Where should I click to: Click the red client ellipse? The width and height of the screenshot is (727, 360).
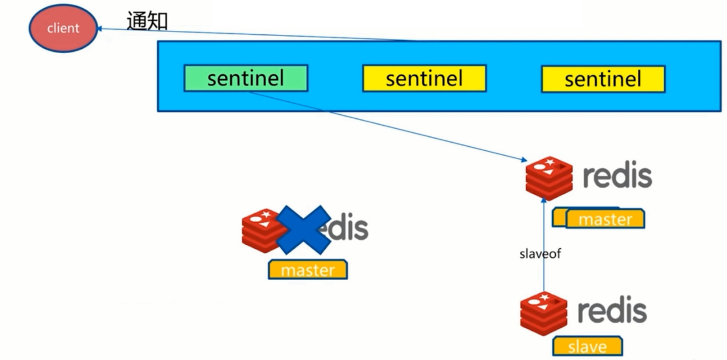(63, 27)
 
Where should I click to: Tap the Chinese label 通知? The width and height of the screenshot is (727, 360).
(147, 22)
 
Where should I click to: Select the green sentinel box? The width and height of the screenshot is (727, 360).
(245, 79)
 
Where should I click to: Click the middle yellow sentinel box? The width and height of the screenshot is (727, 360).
(424, 79)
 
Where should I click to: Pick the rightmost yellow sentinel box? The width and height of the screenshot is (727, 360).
(602, 79)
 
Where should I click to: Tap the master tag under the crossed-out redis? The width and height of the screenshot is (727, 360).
(308, 270)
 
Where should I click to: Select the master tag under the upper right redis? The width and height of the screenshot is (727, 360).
(605, 219)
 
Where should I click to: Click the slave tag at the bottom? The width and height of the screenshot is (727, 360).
(587, 347)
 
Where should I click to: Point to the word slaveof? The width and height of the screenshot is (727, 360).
(539, 254)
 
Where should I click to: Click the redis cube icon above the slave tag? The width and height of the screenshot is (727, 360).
(544, 313)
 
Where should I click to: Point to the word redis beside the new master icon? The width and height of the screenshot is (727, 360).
(617, 177)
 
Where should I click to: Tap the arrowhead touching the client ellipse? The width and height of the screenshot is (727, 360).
(100, 28)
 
